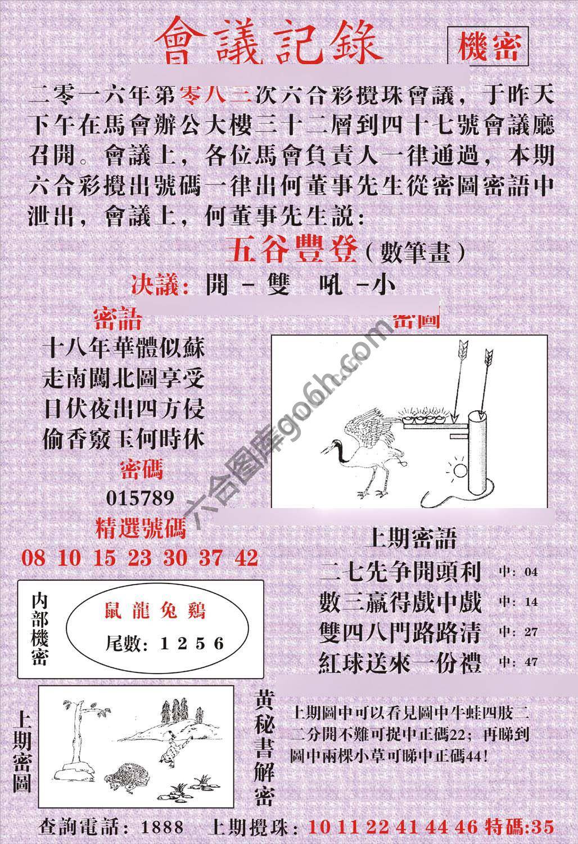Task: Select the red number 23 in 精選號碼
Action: coord(139,558)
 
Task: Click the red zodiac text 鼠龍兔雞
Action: coord(156,610)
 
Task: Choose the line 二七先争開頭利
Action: coord(400,572)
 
